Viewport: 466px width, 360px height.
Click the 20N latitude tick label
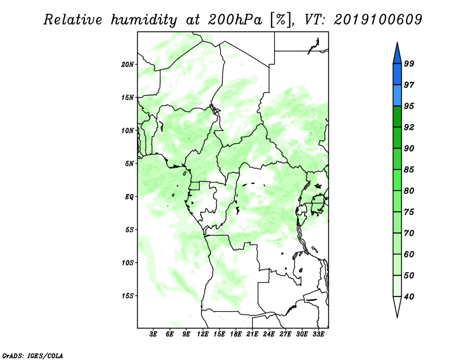coord(128,65)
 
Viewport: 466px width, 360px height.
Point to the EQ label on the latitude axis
coord(129,197)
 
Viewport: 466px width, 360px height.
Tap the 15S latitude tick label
coord(128,296)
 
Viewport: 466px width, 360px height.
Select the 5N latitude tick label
coord(129,164)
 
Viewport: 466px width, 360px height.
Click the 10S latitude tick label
coord(128,263)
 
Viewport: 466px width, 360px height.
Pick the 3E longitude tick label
coord(153,334)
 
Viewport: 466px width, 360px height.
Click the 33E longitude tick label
coord(318,334)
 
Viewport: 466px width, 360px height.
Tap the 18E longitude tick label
coord(236,334)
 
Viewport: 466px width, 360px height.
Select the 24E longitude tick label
coord(269,334)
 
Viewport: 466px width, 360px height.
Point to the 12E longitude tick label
coord(203,334)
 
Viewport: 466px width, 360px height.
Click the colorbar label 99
coord(409,63)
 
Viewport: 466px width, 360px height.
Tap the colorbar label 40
coord(409,297)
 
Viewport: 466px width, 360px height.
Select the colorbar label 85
coord(409,170)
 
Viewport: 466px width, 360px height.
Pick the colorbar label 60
coord(409,254)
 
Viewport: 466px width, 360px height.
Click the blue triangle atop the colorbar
coord(397,54)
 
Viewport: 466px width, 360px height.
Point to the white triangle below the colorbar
coord(397,306)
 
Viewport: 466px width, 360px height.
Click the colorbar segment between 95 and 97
coord(397,96)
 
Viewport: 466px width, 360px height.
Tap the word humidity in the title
coord(144,20)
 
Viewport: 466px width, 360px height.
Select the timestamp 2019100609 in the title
coord(377,19)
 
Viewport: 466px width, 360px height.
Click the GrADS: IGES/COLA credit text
coord(33,355)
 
